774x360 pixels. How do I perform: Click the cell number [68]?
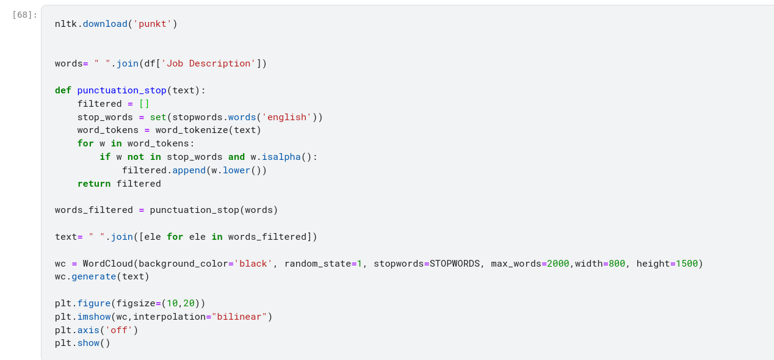tap(24, 15)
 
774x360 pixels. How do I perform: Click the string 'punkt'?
tap(153, 24)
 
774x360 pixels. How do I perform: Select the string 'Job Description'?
tap(208, 63)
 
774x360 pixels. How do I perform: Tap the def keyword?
tap(63, 90)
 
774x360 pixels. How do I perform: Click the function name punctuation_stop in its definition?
tap(121, 90)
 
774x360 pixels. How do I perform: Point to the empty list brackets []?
tap(144, 104)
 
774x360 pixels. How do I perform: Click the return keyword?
tap(93, 184)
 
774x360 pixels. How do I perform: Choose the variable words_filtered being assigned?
tap(93, 210)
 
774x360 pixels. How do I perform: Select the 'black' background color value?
tap(253, 264)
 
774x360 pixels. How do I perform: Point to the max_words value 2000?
tap(558, 264)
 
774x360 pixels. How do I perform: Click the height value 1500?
tap(687, 264)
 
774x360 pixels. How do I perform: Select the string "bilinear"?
tap(239, 317)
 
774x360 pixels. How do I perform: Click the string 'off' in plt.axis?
tap(119, 330)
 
